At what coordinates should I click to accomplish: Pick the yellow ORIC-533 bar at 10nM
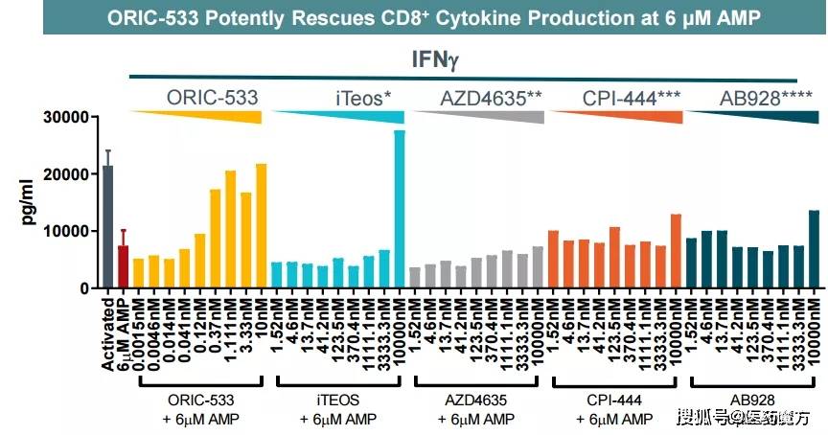(262, 226)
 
